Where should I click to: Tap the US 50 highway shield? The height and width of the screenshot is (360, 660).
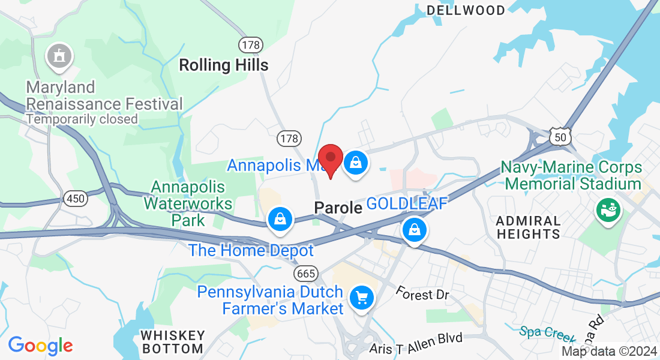pos(560,137)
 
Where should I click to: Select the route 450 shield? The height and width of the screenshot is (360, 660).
pos(76,198)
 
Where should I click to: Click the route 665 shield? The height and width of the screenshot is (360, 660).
pos(305,274)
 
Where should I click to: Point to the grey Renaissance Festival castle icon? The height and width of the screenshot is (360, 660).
pos(59,56)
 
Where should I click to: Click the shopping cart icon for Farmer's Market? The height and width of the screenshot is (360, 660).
pos(361,297)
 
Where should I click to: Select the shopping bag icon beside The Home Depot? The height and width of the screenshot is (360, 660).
pos(280,218)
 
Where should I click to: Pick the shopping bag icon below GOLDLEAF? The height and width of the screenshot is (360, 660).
pos(414,229)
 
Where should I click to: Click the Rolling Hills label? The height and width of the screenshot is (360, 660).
pos(224,65)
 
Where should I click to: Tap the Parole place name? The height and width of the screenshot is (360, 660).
pos(338,208)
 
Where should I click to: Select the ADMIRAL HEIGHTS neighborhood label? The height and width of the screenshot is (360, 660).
pos(529,227)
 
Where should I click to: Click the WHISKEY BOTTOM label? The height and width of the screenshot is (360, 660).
pos(172,341)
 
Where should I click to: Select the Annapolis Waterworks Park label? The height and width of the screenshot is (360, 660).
pos(188,203)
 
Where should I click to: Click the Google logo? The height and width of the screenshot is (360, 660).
pos(40,346)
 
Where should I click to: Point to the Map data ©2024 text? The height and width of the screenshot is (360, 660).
pos(608,352)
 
